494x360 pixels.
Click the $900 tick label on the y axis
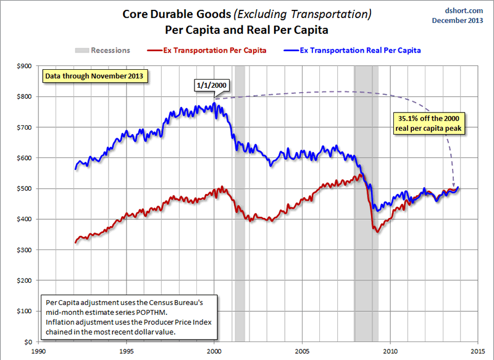22,66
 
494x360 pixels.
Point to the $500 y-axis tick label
22,189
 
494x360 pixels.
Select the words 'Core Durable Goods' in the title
169,14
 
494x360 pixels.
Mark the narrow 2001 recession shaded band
240,204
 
